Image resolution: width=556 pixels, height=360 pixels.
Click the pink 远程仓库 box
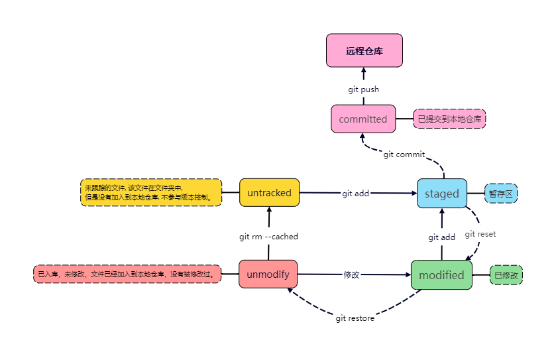(364, 50)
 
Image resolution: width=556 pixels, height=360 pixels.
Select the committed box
(363, 119)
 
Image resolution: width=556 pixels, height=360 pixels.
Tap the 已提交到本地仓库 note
(449, 119)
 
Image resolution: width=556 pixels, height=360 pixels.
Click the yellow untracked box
(269, 193)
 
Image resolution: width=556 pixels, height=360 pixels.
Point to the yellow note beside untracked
(150, 192)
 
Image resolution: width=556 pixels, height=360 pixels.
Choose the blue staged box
(441, 194)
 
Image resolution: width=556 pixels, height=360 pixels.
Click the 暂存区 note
(501, 194)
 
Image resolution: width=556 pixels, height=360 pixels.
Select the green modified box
(441, 275)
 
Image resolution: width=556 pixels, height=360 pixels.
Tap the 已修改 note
(506, 275)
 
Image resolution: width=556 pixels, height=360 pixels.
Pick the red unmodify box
(268, 274)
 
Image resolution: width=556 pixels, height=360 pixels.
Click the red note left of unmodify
(127, 274)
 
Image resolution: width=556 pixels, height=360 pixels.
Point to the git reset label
(480, 234)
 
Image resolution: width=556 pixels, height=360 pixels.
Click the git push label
(363, 90)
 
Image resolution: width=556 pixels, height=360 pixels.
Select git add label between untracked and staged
(355, 194)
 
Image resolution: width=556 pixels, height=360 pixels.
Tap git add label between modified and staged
(441, 237)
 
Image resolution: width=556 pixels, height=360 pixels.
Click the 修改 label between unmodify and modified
(351, 274)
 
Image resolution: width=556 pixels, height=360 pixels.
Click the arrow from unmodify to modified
(384, 274)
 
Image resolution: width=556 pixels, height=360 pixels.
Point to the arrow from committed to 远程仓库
(364, 76)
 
